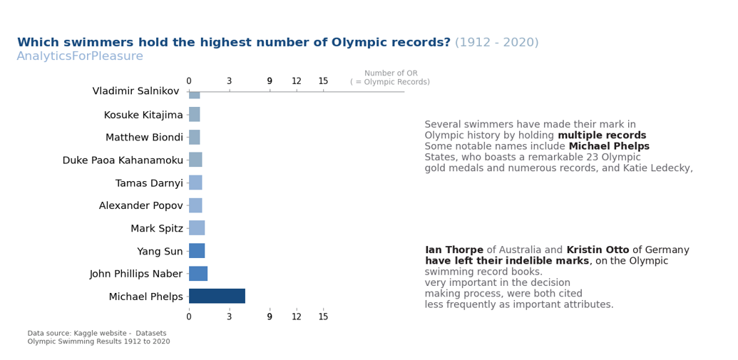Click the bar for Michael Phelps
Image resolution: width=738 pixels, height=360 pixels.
point(217,296)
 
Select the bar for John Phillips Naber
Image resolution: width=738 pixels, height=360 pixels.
point(198,274)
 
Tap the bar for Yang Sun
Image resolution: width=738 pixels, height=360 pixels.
point(197,251)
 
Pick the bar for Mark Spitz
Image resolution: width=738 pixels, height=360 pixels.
point(197,228)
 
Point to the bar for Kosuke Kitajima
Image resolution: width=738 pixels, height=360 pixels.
point(194,115)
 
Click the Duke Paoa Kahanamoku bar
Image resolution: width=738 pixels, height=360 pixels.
point(195,160)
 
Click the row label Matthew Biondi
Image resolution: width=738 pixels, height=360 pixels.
point(144,138)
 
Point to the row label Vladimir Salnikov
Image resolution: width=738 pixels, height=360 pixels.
point(135,91)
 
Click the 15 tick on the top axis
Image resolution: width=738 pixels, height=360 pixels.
point(323,81)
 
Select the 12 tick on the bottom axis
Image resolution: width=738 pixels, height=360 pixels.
point(297,317)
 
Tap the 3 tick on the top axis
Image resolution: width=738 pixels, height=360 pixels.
point(229,81)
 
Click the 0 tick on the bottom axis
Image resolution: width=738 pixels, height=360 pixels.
point(189,317)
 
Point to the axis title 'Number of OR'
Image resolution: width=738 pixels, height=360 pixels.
point(391,73)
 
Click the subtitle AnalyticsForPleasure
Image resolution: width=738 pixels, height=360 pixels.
point(80,56)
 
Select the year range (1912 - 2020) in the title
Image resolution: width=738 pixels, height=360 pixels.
point(496,43)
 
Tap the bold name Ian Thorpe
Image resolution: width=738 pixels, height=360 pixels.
point(453,250)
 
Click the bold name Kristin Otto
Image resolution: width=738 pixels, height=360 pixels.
point(598,250)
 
